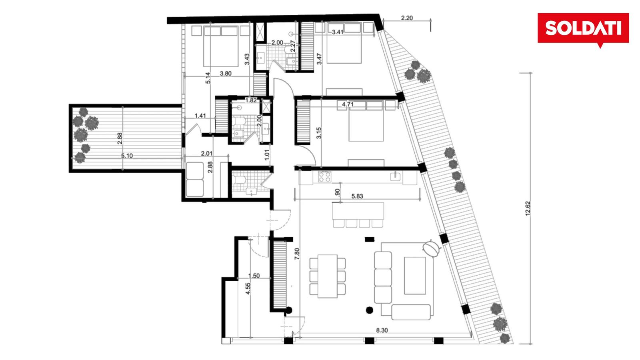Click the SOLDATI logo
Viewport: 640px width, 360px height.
583,30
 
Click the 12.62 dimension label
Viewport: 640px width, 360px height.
528,208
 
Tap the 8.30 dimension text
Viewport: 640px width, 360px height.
382,330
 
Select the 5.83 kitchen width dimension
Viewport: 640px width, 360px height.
357,196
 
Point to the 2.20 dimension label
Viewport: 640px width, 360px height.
407,18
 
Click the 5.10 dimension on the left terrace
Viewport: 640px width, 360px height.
127,156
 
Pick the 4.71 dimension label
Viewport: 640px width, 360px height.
348,104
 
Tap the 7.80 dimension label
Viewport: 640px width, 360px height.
297,254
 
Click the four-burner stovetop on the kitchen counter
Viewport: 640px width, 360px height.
324,176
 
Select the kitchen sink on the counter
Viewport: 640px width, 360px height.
396,176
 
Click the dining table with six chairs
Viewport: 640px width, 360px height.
328,276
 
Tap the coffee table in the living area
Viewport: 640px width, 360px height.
415,276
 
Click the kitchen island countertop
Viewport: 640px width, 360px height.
358,210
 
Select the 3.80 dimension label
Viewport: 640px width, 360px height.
226,74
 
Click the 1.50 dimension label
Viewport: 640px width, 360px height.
254,276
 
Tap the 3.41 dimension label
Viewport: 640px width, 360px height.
338,32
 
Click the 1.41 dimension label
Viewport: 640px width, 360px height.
200,116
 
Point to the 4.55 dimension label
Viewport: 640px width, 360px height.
248,288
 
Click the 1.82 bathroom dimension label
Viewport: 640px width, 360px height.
251,100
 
